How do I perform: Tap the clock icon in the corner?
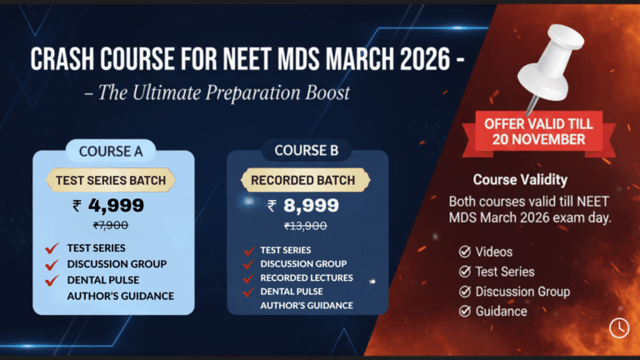(x=619, y=327)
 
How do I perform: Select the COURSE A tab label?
(x=110, y=152)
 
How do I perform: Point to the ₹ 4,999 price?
(x=108, y=205)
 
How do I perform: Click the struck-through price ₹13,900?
(x=306, y=226)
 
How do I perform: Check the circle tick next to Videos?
(x=464, y=251)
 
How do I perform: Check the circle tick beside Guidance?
(x=464, y=311)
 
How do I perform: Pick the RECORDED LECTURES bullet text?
(x=307, y=277)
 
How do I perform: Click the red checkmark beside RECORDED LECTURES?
(x=247, y=277)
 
